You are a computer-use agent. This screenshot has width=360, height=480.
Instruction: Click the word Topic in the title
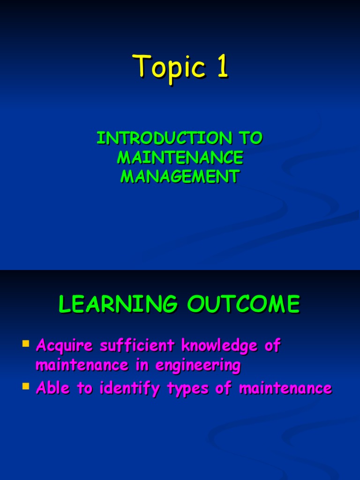(169, 67)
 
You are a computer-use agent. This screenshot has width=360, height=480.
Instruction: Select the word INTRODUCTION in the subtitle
(164, 138)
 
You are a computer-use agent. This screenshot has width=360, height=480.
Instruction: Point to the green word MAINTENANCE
(180, 157)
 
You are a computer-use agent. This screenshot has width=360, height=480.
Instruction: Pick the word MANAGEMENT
(180, 177)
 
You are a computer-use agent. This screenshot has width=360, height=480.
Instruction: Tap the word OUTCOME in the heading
(243, 305)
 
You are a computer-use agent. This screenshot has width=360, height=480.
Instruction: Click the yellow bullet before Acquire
(26, 345)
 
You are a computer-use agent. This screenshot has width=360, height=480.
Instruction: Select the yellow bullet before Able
(26, 386)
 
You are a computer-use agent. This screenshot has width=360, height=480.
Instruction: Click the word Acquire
(65, 346)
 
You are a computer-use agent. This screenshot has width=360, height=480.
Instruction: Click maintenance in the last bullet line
(285, 388)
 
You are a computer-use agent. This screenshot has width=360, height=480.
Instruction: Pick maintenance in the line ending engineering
(82, 365)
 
